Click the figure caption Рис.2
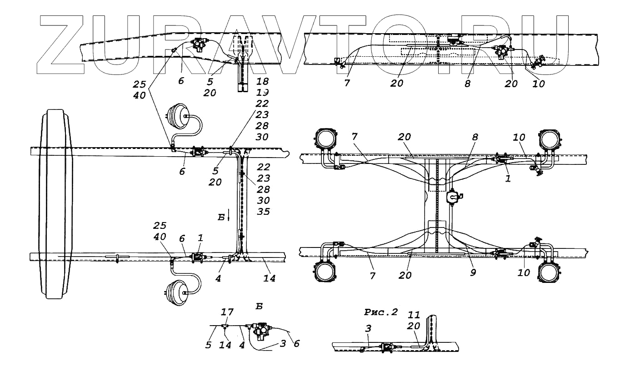coord(381,312)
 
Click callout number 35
coord(263,212)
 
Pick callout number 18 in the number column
coord(262,82)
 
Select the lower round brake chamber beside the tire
coord(178,293)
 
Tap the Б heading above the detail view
coord(259,307)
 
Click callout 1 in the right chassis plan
coord(508,179)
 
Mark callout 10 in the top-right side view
coord(539,84)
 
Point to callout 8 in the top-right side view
coord(468,84)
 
